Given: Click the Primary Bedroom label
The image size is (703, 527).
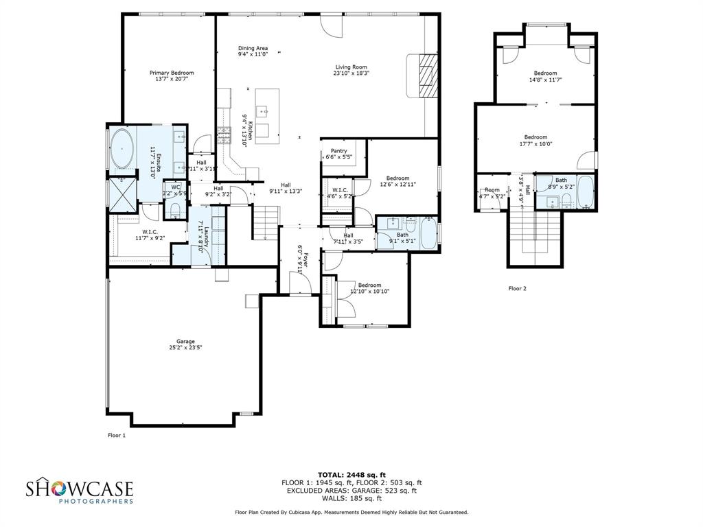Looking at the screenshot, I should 172,73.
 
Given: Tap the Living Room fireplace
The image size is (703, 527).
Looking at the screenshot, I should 426,75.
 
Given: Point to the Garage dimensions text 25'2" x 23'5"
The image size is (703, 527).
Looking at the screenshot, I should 185,348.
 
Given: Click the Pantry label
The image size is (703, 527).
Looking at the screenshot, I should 338,151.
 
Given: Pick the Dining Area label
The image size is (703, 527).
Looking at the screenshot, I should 253,48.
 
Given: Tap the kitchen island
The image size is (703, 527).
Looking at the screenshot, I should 267,116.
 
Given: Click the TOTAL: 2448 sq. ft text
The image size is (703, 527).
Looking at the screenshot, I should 351,475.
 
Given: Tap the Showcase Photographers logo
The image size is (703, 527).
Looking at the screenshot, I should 80,491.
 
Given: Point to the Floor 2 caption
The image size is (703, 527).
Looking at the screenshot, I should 517,289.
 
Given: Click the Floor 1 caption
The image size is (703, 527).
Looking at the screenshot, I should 117,435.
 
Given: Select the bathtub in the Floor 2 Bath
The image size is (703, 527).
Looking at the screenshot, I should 586,192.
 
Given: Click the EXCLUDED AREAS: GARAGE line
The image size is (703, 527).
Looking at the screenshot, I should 351,491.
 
